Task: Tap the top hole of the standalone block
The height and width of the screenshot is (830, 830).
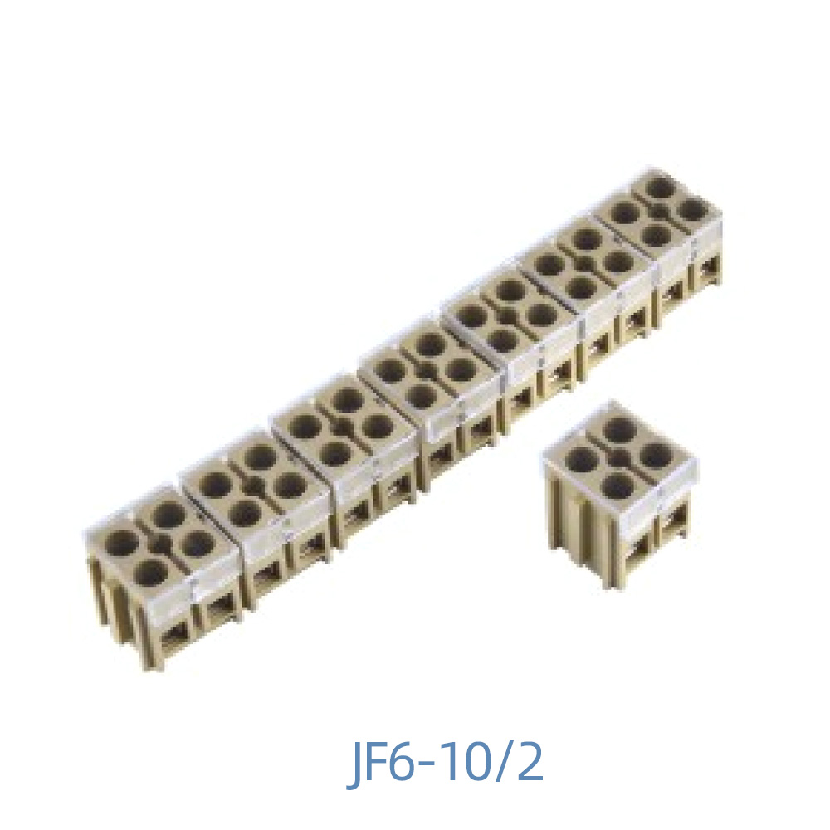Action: click(x=618, y=430)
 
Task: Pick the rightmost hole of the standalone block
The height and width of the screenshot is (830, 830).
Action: click(x=655, y=455)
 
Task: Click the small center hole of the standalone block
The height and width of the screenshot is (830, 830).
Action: click(x=618, y=456)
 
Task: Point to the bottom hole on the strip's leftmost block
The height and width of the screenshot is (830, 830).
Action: click(x=154, y=570)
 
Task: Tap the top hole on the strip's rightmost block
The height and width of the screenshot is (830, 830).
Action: click(x=660, y=188)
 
